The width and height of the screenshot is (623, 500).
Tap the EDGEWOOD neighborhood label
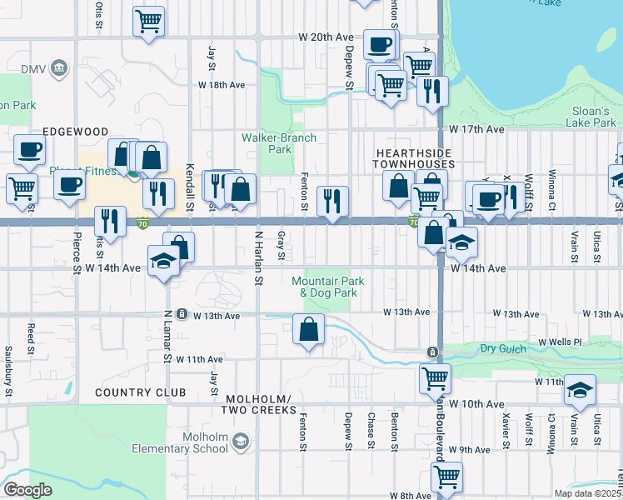click(77, 132)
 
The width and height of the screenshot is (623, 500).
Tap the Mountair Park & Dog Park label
click(324, 287)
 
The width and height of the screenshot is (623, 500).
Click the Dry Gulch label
click(501, 347)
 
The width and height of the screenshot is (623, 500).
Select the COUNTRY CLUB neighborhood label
click(133, 392)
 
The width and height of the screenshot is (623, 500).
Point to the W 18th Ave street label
click(221, 85)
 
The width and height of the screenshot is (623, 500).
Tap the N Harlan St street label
click(258, 258)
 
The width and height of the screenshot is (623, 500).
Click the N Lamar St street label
click(167, 337)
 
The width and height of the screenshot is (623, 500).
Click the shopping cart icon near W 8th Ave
click(446, 477)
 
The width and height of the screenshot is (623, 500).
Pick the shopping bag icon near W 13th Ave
click(309, 330)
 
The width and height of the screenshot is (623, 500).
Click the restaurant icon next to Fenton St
click(332, 201)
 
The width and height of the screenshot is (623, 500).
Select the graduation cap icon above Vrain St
click(580, 390)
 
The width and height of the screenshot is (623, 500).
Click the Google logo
click(27, 489)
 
